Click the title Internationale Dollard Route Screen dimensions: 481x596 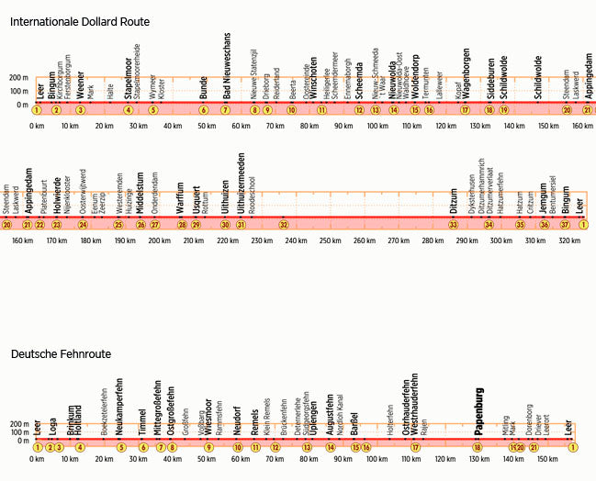[x=80, y=21]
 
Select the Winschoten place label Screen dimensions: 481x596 [x=313, y=76]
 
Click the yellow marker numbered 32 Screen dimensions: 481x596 [x=284, y=224]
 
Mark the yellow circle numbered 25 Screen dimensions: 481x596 [x=118, y=224]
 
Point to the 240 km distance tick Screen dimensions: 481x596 [x=296, y=240]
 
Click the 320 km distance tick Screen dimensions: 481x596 [x=569, y=240]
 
